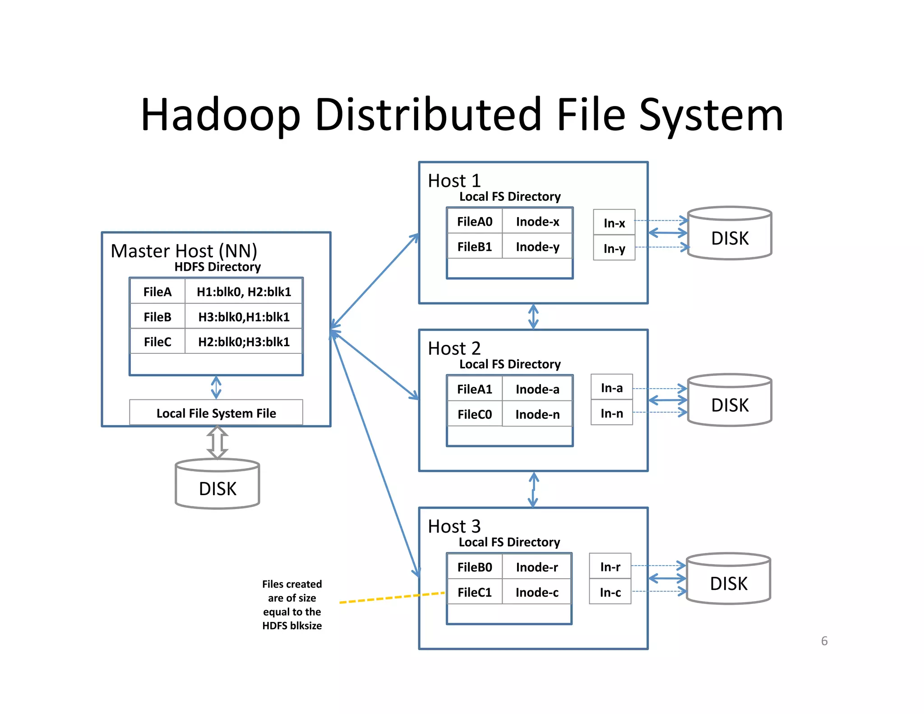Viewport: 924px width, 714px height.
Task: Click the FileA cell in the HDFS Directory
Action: tap(157, 292)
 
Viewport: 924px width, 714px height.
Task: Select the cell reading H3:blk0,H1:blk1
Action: tap(244, 317)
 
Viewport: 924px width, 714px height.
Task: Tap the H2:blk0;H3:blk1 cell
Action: tap(244, 342)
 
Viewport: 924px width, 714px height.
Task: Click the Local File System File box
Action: tap(216, 413)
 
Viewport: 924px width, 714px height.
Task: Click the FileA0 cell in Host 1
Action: tap(475, 222)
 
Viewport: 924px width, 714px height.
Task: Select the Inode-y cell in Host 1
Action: tap(537, 247)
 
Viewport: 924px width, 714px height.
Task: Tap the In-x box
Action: tap(614, 223)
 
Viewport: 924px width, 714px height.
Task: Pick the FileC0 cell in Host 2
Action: tap(475, 414)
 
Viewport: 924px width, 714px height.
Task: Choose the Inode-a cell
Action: tap(537, 389)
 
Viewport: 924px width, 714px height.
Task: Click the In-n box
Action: tap(612, 413)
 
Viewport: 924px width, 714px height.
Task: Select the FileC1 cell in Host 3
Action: tap(475, 592)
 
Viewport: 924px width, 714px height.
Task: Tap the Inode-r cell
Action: tap(537, 567)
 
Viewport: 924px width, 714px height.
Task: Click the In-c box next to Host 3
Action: tap(610, 593)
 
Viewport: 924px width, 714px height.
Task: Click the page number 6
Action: tap(824, 641)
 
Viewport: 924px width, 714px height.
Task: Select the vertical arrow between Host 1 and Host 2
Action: tap(533, 316)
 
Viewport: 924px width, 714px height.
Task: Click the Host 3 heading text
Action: tap(454, 526)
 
